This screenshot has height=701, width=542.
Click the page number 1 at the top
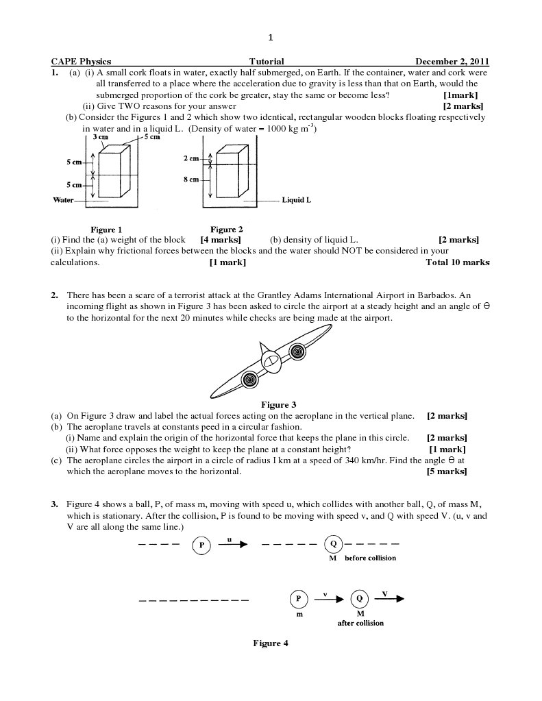(271, 37)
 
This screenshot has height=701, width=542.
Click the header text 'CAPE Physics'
(81, 62)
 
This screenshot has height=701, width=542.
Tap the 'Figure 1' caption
(107, 230)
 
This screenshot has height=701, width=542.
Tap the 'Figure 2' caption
(226, 230)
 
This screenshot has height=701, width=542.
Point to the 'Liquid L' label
(297, 201)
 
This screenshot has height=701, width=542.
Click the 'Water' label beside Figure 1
(63, 200)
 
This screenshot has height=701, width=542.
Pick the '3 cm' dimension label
(100, 137)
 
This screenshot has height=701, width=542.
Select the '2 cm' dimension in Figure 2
(191, 158)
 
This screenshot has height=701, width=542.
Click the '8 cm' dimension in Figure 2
(191, 180)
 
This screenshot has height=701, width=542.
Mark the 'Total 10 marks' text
(457, 262)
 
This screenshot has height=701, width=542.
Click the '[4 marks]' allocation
(220, 240)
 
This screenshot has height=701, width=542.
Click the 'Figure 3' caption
(279, 405)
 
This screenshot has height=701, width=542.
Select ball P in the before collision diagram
(202, 545)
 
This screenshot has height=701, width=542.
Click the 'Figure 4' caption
(271, 643)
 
